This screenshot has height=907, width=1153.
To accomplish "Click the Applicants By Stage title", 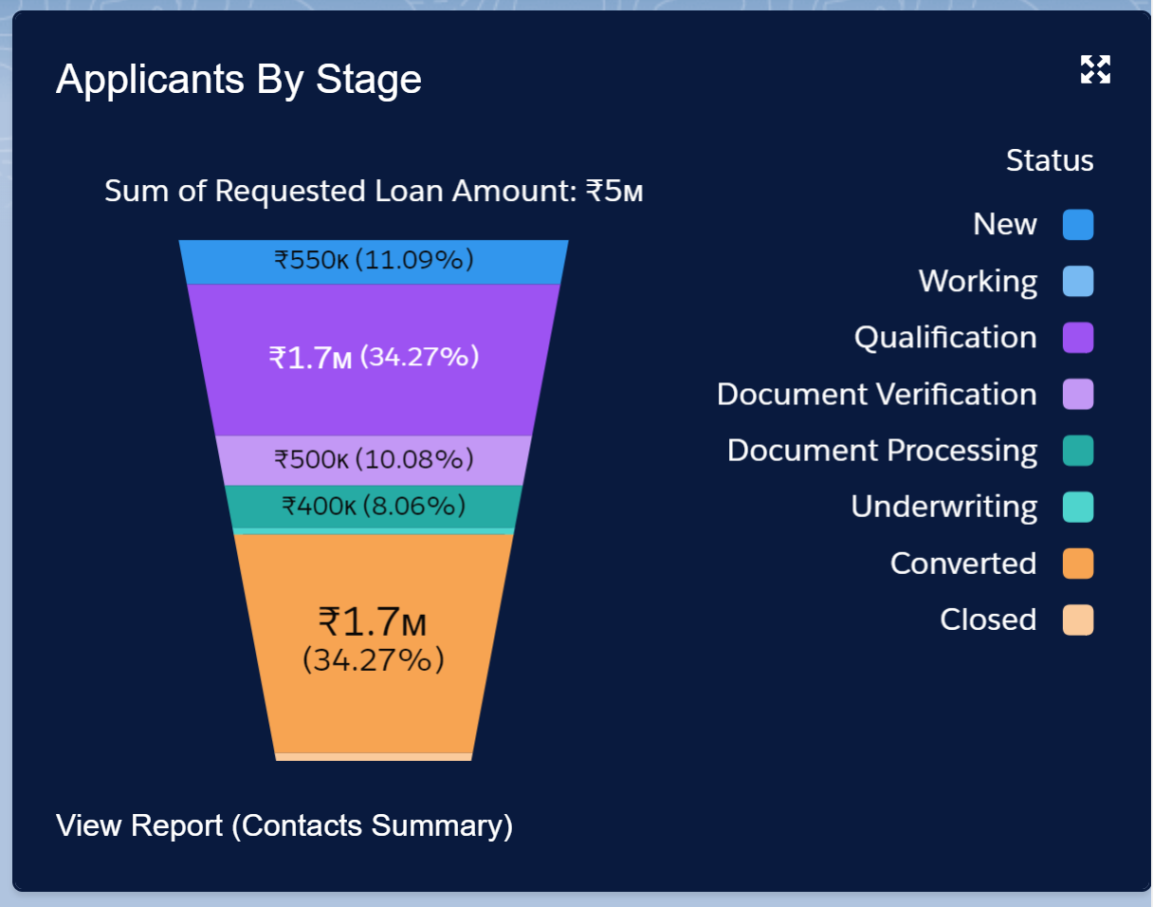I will pyautogui.click(x=239, y=80).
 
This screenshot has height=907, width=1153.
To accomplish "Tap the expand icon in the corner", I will pyautogui.click(x=1095, y=69).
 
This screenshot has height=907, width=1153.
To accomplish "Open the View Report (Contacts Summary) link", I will pyautogui.click(x=284, y=825).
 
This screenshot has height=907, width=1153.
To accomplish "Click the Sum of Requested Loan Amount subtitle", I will pyautogui.click(x=374, y=192).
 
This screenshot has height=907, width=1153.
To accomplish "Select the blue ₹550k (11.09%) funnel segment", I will pyautogui.click(x=374, y=261).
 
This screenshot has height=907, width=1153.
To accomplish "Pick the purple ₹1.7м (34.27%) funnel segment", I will pyautogui.click(x=374, y=359).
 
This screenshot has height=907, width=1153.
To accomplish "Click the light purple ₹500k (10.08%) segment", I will pyautogui.click(x=374, y=460).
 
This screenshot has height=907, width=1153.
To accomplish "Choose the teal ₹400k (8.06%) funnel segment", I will pyautogui.click(x=374, y=506).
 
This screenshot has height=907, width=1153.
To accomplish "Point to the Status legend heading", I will pyautogui.click(x=1049, y=161).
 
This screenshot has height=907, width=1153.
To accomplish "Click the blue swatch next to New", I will pyautogui.click(x=1078, y=225).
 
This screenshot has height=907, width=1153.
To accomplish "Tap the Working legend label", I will pyautogui.click(x=978, y=282).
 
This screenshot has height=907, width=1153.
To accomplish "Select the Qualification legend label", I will pyautogui.click(x=945, y=338).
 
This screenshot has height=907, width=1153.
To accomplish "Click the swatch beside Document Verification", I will pyautogui.click(x=1078, y=394).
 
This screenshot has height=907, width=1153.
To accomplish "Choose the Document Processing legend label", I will pyautogui.click(x=882, y=451).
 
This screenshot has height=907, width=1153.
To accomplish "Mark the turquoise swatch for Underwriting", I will pyautogui.click(x=1078, y=507).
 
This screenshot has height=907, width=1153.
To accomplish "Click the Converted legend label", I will pyautogui.click(x=962, y=564).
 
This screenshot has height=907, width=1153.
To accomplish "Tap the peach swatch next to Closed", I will pyautogui.click(x=1078, y=620).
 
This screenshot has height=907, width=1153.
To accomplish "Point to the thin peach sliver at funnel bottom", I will pyautogui.click(x=374, y=757).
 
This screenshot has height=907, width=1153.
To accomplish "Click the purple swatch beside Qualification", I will pyautogui.click(x=1078, y=338).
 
